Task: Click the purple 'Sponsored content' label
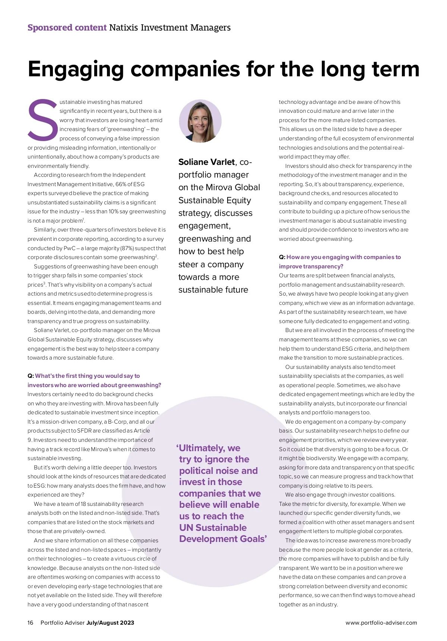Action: [x=67, y=28]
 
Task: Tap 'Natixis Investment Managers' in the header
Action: [x=170, y=28]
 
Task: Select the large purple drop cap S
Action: [x=42, y=120]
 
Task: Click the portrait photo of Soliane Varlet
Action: [x=200, y=121]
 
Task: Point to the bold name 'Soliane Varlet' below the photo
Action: [x=206, y=162]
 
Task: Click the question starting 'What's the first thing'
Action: [x=87, y=376]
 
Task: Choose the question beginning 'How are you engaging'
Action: [x=343, y=257]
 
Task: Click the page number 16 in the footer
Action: [x=31, y=623]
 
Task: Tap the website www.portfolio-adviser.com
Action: [x=381, y=623]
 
